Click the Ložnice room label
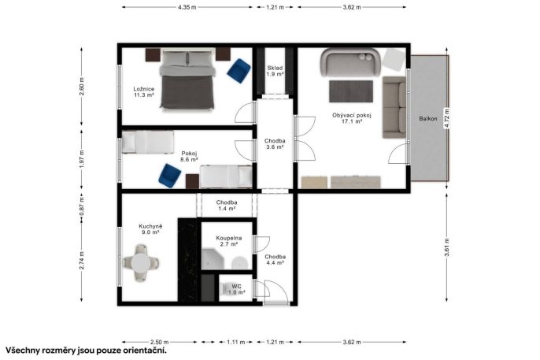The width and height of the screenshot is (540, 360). click(144, 92)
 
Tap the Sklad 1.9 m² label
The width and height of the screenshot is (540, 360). click(276, 71)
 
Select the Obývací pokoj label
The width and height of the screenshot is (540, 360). click(352, 118)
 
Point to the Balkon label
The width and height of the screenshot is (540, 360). click(428, 118)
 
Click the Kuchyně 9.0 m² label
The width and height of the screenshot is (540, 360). click(150, 229)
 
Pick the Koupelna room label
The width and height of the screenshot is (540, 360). click(229, 241)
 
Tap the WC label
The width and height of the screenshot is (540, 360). click(236, 289)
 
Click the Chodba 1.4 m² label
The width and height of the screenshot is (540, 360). click(227, 206)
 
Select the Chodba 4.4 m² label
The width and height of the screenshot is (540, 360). click(276, 259)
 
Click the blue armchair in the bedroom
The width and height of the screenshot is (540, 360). click(239, 71)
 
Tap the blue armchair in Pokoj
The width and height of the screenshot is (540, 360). click(170, 176)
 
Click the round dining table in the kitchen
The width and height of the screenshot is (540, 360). click(140, 263)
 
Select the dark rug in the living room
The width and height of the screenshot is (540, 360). click(351, 91)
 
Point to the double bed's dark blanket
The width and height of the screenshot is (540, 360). click(187, 91)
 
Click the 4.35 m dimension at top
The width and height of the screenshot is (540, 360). click(187, 7)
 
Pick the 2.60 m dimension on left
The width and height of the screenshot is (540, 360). click(82, 87)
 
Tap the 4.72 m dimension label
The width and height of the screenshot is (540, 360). click(447, 118)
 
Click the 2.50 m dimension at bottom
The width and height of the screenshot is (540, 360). click(160, 342)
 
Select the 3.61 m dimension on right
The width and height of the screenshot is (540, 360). click(447, 247)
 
